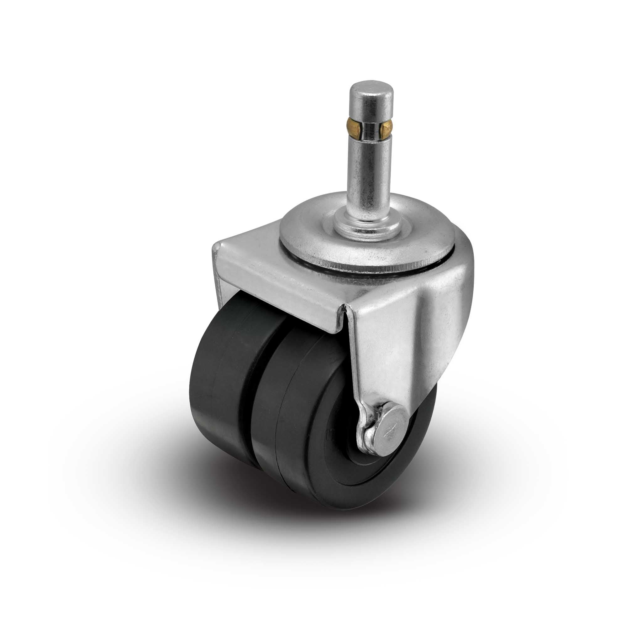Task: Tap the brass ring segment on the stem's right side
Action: [x=388, y=128]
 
